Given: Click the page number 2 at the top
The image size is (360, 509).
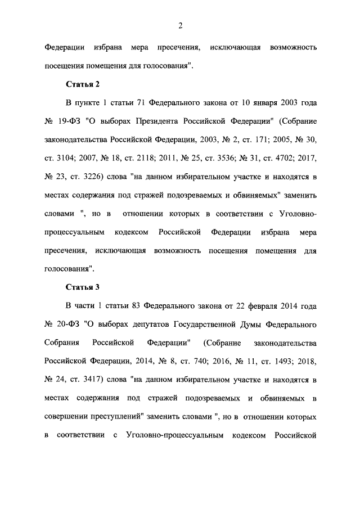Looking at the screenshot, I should pyautogui.click(x=180, y=25).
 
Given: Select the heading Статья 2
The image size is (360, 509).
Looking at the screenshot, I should pyautogui.click(x=83, y=85).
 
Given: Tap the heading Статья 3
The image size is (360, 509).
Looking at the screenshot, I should pyautogui.click(x=83, y=287).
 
